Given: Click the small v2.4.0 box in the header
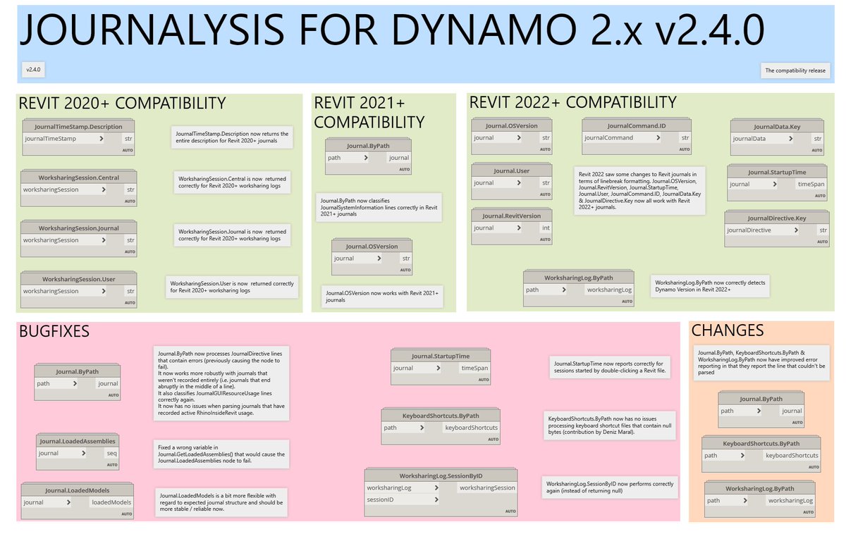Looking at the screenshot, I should (x=33, y=70).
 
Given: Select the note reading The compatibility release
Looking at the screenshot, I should (x=795, y=70).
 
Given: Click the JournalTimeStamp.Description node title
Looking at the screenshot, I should (x=78, y=126).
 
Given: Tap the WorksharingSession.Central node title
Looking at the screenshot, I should (x=79, y=177).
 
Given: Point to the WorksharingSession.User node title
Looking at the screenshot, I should (x=79, y=279).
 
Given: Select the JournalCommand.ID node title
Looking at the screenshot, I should (x=636, y=125).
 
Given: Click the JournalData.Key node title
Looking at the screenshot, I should (x=775, y=127).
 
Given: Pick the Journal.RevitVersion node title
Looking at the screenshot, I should (x=511, y=216).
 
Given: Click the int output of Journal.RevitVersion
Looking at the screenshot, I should (x=546, y=228).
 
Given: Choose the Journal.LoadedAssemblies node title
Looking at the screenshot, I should (x=78, y=441).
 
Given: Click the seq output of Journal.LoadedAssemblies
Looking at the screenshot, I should (x=111, y=453).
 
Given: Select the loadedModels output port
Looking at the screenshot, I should (x=111, y=502).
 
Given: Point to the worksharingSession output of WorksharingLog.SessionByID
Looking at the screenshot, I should (x=487, y=488).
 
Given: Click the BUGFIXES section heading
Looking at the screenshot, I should (x=54, y=331).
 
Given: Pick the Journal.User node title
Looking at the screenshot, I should (x=511, y=171).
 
